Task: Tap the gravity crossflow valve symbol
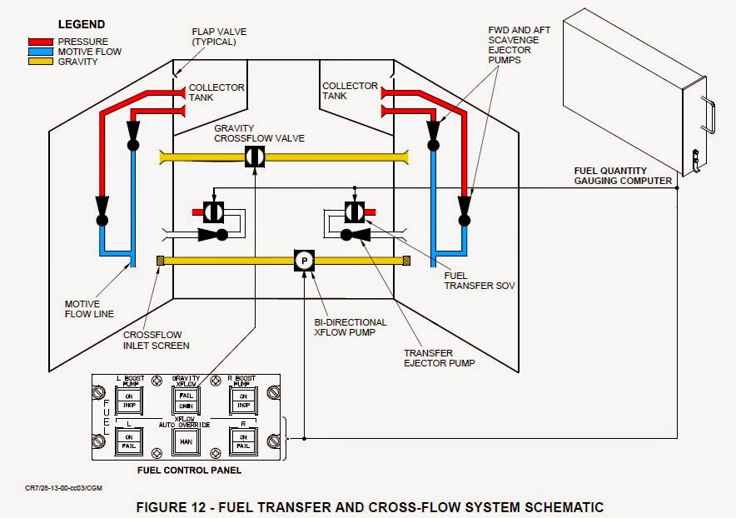[255, 157]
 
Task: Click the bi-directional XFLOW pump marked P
[305, 261]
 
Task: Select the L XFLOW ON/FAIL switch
[129, 441]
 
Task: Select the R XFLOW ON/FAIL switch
[243, 441]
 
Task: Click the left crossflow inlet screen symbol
[160, 261]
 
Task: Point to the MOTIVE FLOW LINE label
[89, 308]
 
